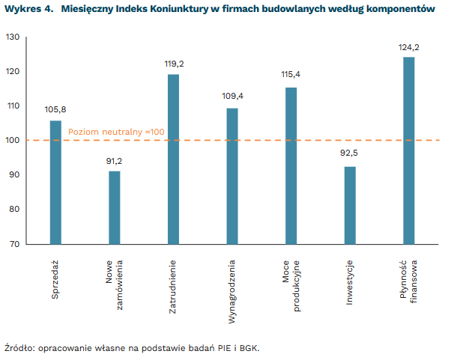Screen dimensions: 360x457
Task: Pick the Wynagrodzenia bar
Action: (232, 176)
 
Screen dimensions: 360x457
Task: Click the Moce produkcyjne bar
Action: (291, 165)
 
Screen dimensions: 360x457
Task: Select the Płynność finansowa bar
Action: (409, 150)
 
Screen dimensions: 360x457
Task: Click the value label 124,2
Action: (409, 48)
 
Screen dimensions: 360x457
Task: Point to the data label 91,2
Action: (115, 161)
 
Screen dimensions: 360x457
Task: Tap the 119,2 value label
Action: (174, 64)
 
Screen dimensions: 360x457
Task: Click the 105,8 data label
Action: (55, 110)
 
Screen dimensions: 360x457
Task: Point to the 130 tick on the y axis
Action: (13, 37)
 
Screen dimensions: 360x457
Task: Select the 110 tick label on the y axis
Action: (13, 106)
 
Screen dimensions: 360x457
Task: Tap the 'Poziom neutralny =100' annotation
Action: (116, 132)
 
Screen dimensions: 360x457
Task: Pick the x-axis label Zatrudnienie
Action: (173, 287)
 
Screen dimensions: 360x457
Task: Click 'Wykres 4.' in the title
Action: (28, 10)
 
